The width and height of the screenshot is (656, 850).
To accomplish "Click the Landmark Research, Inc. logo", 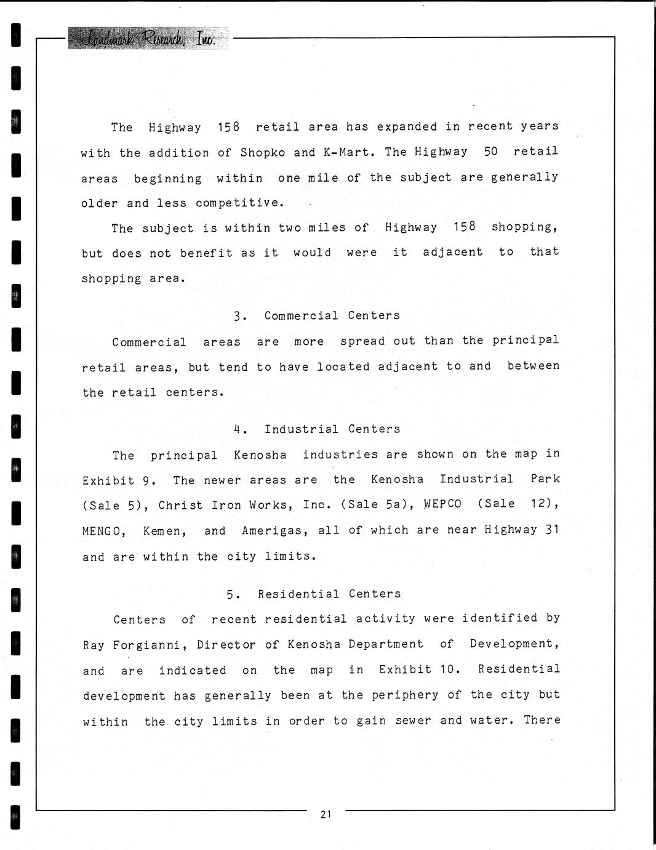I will click(148, 39).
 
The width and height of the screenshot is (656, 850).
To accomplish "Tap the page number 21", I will click(326, 814).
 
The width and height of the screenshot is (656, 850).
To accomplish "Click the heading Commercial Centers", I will click(332, 315).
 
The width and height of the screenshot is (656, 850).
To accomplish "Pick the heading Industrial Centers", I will click(332, 429).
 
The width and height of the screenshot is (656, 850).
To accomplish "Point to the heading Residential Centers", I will click(329, 594).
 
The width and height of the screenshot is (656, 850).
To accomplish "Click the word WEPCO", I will click(442, 504).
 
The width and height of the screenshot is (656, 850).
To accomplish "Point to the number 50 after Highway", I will click(490, 152).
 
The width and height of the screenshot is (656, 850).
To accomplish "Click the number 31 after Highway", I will click(552, 529).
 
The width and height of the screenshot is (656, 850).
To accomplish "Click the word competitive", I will click(239, 203).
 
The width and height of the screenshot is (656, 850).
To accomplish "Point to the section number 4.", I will click(238, 429).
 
